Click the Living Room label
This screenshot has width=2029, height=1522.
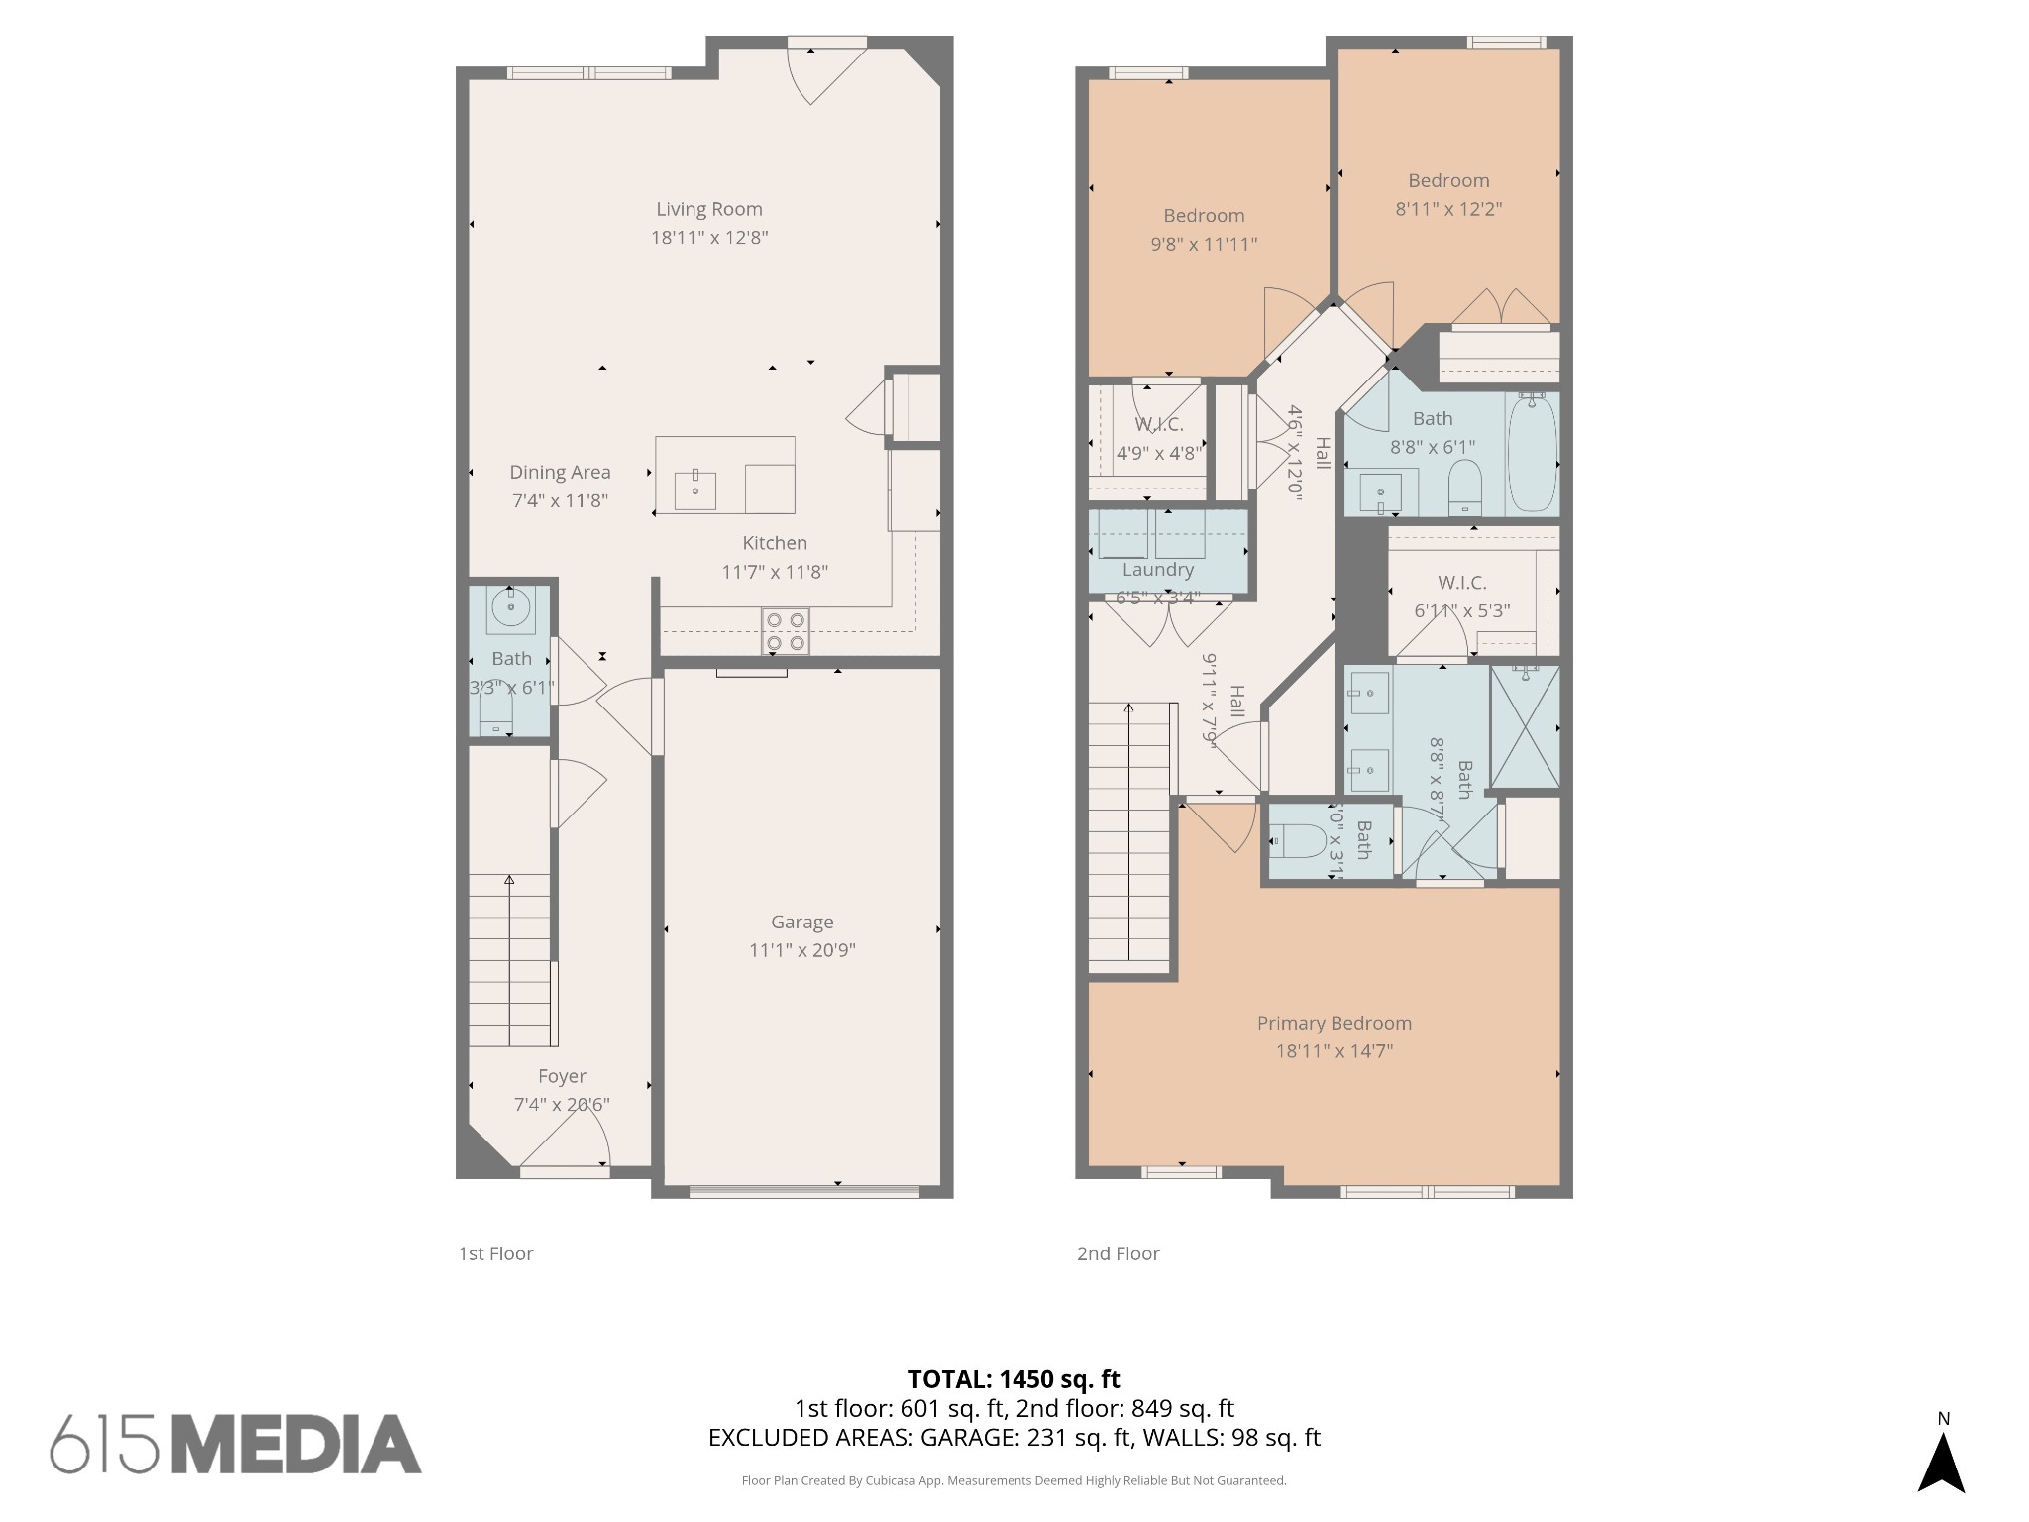click(x=709, y=209)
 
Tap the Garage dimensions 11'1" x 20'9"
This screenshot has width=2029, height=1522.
click(x=801, y=950)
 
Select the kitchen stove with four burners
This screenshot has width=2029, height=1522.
click(x=785, y=631)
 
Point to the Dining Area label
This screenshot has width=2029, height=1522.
click(x=560, y=473)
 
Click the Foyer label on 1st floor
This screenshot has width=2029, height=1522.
click(x=562, y=1076)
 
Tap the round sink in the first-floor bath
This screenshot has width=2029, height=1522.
click(x=511, y=606)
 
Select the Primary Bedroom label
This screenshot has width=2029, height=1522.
click(x=1334, y=1023)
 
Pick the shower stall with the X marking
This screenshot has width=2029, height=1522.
click(x=1525, y=727)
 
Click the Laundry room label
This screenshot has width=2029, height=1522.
click(x=1157, y=570)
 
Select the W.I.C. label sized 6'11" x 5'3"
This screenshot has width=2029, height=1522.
click(x=1461, y=583)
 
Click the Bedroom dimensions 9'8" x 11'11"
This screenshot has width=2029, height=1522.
click(x=1204, y=244)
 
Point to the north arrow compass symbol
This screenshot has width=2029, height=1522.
click(x=1941, y=1463)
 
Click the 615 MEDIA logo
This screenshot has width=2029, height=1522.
click(x=236, y=1444)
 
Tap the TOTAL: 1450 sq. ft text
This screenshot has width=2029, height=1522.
click(x=1014, y=1379)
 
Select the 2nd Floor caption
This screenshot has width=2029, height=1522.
click(x=1118, y=1253)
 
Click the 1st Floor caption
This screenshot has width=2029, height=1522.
click(x=495, y=1253)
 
